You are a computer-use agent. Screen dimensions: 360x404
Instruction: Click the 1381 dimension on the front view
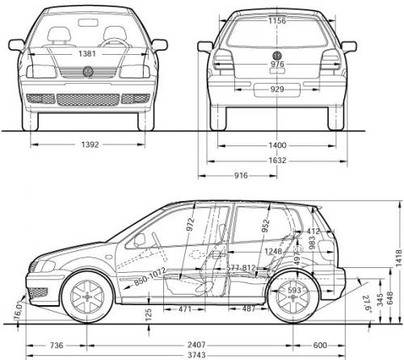pos(90,52)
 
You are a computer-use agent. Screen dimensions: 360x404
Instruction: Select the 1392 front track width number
pos(90,145)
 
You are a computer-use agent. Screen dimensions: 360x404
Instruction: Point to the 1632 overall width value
pos(278,160)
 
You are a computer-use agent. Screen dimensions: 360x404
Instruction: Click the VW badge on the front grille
pos(89,73)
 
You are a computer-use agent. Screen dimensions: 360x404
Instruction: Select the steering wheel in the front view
pos(116,43)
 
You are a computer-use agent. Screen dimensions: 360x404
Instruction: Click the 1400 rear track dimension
pos(278,145)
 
